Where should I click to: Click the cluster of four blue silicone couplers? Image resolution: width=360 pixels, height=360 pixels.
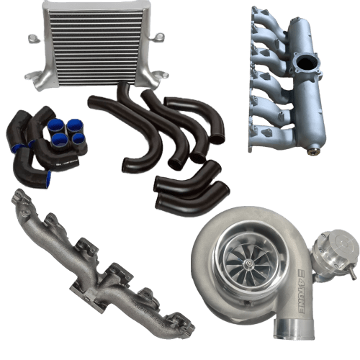65,128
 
